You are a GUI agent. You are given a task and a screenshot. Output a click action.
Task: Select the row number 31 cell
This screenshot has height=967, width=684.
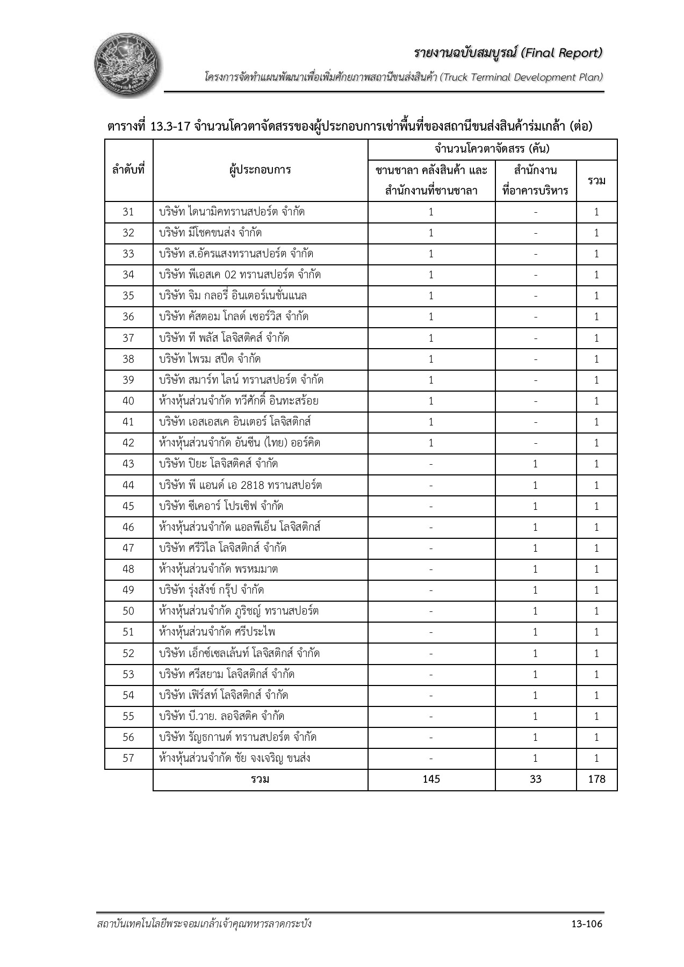(128, 212)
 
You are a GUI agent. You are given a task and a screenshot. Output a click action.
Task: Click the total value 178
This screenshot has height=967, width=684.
(596, 779)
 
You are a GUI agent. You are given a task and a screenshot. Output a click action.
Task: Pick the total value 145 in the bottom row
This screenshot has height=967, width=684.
(431, 779)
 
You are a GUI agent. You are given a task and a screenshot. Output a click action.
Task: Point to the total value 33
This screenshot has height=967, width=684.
(535, 779)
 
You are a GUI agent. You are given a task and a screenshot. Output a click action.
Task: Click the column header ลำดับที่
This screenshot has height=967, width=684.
(128, 170)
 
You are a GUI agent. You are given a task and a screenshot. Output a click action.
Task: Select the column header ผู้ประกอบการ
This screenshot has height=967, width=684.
(260, 170)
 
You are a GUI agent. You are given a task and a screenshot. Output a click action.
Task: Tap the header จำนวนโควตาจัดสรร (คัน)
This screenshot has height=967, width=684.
(492, 149)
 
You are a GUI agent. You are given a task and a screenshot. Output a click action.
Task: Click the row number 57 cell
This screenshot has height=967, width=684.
(128, 758)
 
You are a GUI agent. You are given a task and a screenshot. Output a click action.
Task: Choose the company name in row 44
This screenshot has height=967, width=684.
(240, 485)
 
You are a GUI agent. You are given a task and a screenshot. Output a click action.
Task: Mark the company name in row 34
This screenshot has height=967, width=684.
(240, 275)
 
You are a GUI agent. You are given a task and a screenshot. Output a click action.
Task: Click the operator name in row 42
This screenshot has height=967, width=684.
(240, 443)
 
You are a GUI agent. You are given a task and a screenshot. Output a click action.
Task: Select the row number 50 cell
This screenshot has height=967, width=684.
(128, 611)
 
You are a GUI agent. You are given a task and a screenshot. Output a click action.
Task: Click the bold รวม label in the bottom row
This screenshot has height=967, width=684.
(260, 779)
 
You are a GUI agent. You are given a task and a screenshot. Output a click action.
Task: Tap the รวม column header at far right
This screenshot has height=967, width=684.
(596, 181)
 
